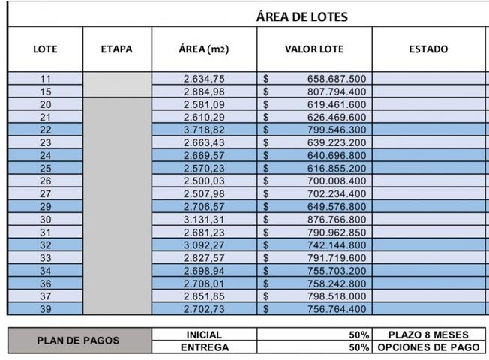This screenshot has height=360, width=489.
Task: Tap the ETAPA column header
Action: (x=116, y=49)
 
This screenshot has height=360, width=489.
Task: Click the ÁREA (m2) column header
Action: (x=204, y=49)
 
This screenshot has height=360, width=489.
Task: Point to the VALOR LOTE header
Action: (x=314, y=49)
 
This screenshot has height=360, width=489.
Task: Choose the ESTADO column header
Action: (x=428, y=49)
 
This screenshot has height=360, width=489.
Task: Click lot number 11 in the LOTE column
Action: (x=46, y=79)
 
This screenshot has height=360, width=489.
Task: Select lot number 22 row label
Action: (x=46, y=130)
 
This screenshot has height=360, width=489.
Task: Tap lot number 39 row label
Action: (x=46, y=309)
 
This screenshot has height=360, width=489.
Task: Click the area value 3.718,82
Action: (x=204, y=130)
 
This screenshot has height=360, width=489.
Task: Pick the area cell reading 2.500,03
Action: (x=204, y=181)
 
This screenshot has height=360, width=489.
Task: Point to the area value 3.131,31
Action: (x=204, y=220)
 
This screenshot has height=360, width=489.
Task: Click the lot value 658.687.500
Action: (x=336, y=79)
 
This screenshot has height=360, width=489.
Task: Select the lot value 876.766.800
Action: (x=336, y=220)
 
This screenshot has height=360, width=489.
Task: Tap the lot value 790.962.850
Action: (x=336, y=232)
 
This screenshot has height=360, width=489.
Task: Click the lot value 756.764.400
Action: (x=336, y=309)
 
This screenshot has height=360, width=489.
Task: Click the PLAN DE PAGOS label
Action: (x=79, y=340)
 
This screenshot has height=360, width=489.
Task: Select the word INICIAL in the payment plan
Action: (x=204, y=334)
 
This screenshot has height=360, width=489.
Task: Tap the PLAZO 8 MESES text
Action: (x=428, y=334)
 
